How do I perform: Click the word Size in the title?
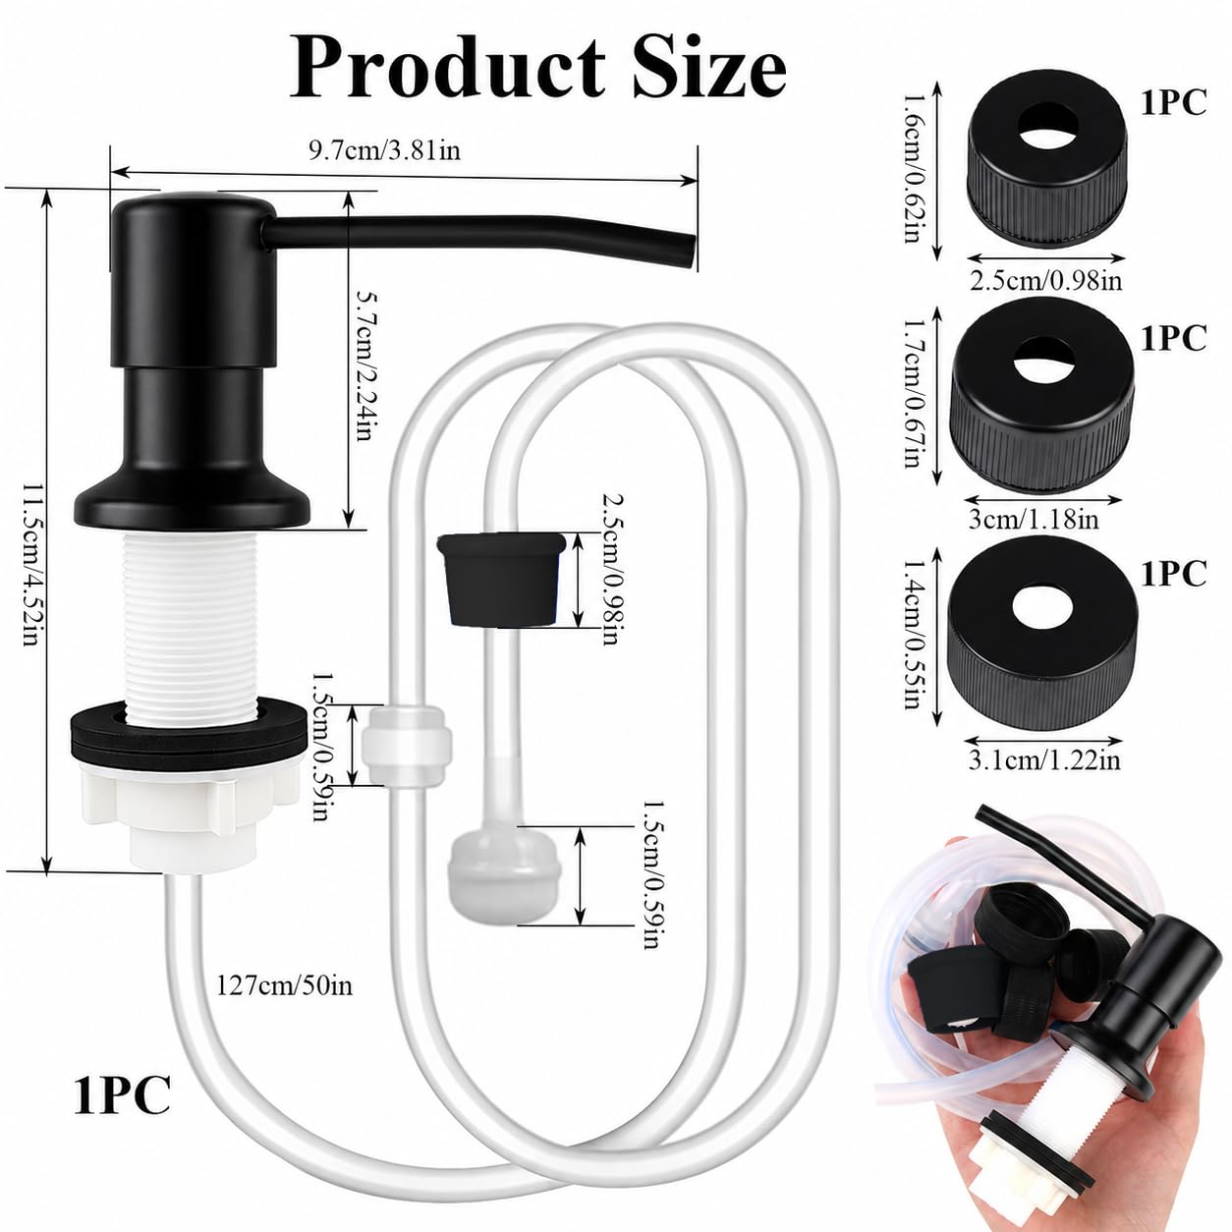(x=709, y=69)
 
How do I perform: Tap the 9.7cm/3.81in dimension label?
(x=384, y=151)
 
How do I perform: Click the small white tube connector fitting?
(x=408, y=746)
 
